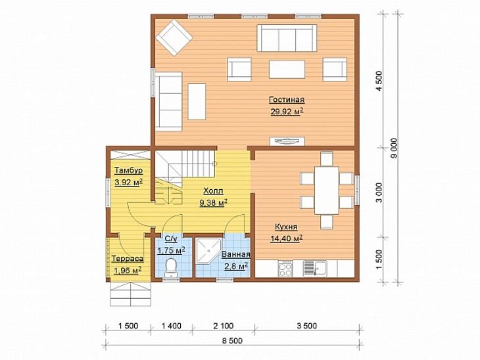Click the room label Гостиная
click(287, 100)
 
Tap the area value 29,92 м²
click(287, 112)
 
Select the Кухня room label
click(286, 227)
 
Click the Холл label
click(213, 191)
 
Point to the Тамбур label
click(129, 170)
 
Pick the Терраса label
click(128, 258)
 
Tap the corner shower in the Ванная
click(208, 250)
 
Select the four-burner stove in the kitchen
click(285, 268)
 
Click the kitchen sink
click(315, 268)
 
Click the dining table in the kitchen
click(327, 191)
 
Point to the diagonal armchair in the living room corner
click(174, 37)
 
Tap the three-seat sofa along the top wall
click(287, 38)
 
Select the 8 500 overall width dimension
click(232, 340)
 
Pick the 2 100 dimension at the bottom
click(223, 326)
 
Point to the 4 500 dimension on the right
click(379, 81)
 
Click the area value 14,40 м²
click(287, 238)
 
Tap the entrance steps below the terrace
click(130, 294)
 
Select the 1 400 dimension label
click(171, 326)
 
